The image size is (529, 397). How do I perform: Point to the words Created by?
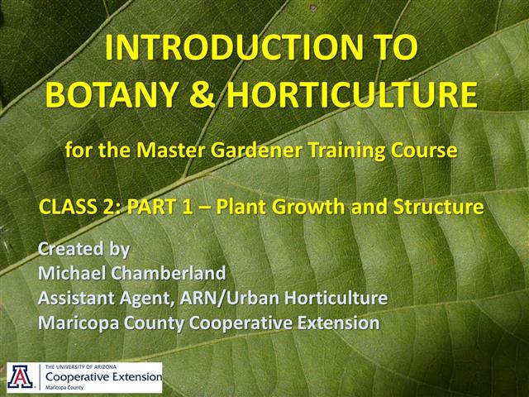83,249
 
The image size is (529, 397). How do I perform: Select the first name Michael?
73,273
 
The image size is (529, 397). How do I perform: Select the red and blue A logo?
19,377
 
